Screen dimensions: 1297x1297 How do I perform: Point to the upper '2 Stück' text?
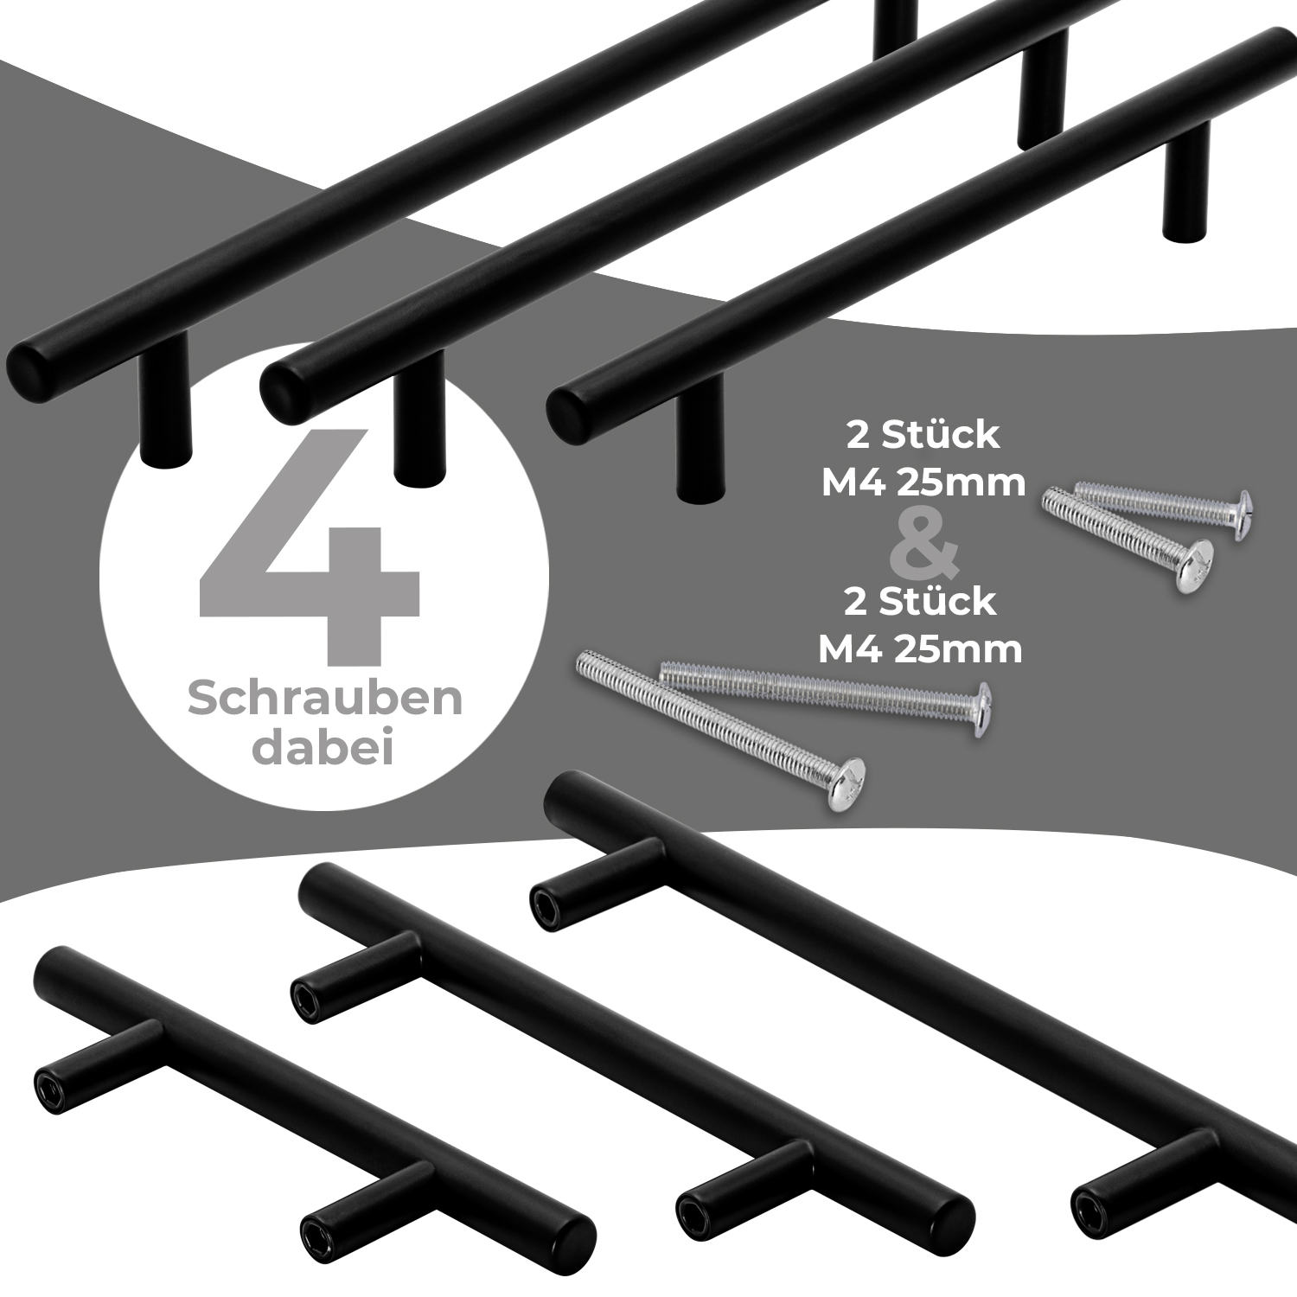tap(923, 436)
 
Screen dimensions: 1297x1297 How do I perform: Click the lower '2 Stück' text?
tap(920, 601)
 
